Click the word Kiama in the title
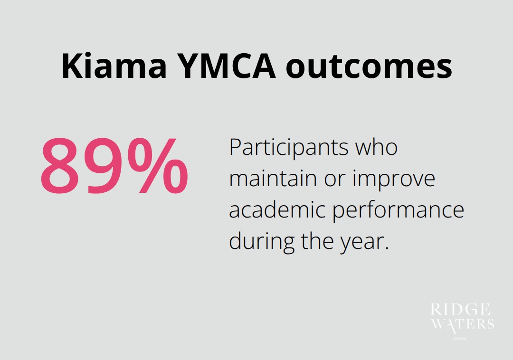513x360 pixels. pyautogui.click(x=114, y=66)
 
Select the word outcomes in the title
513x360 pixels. pyautogui.click(x=369, y=66)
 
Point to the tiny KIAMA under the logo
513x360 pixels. pyautogui.click(x=459, y=339)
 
